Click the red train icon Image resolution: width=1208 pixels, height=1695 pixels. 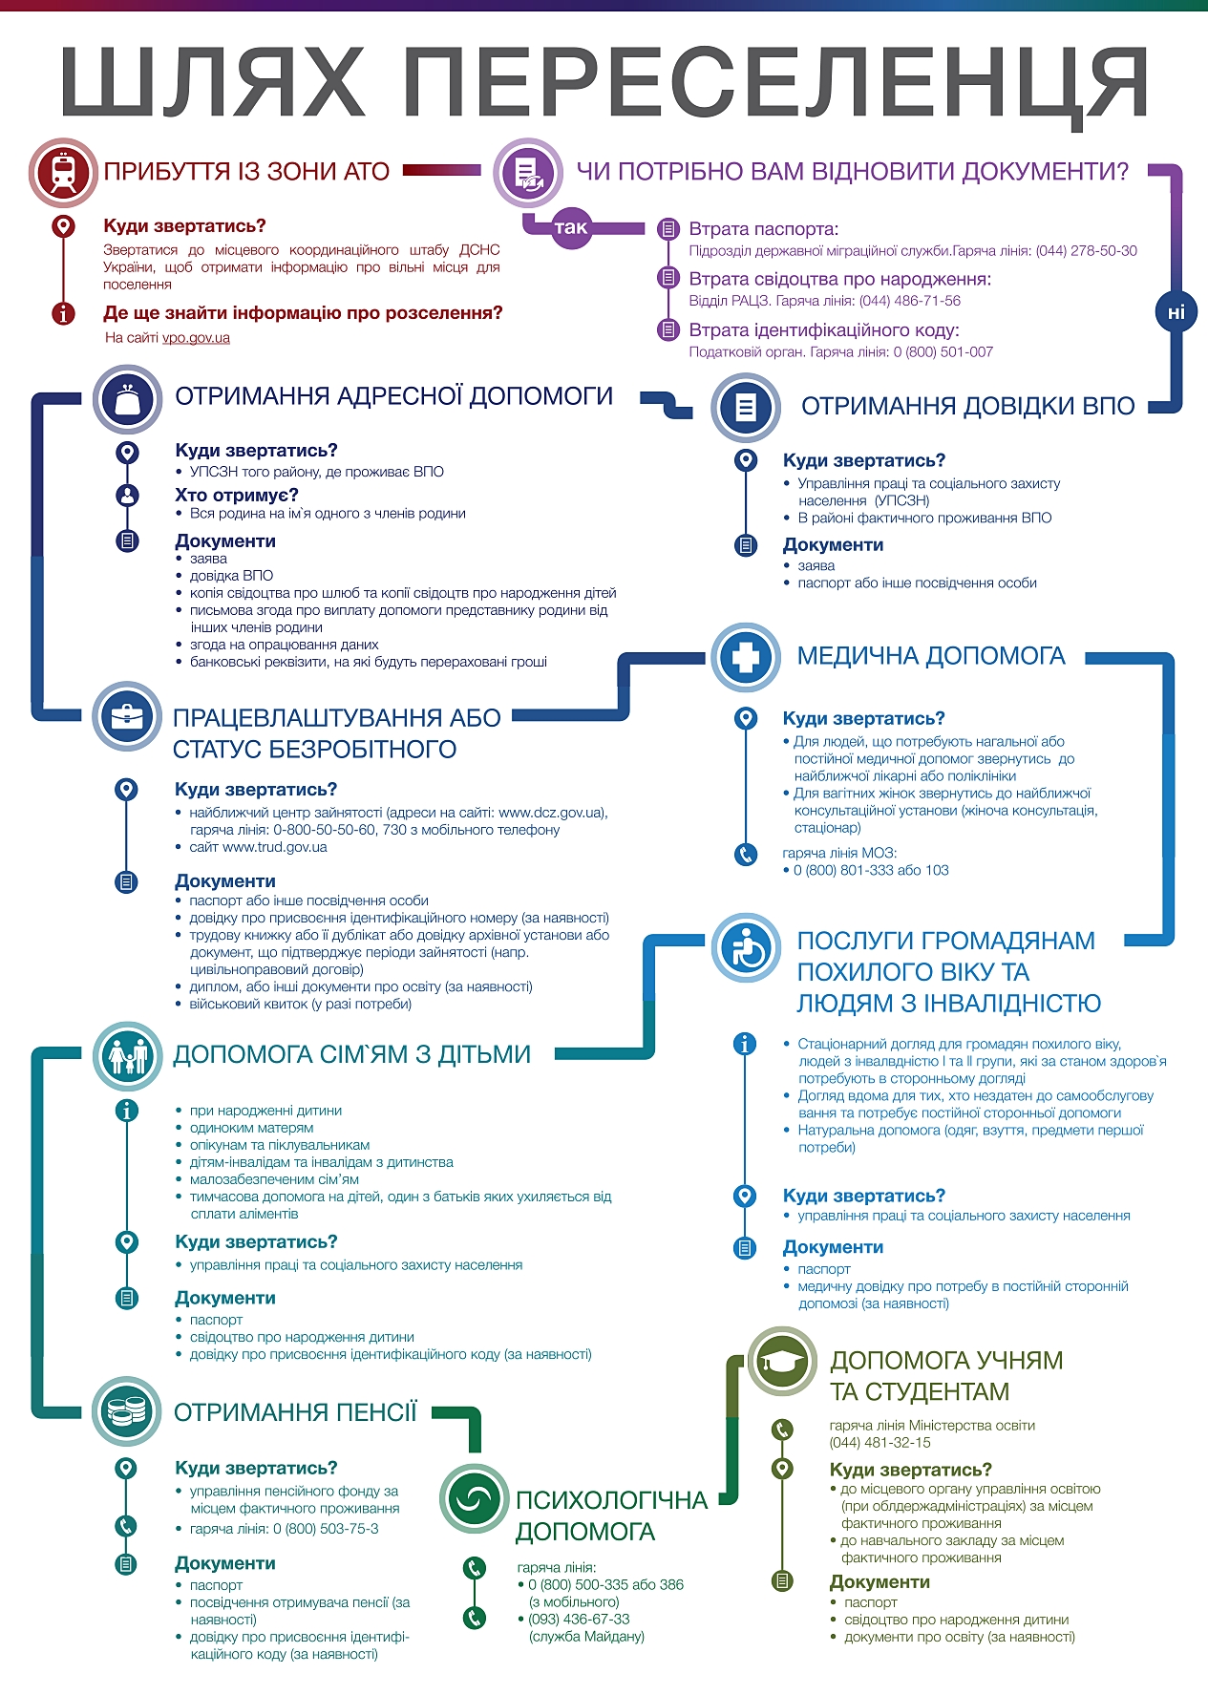click(x=63, y=173)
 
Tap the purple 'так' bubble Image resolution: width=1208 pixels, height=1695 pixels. click(x=570, y=227)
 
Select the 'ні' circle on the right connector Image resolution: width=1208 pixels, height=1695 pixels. click(x=1176, y=312)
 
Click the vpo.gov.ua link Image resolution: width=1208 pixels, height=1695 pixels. click(x=196, y=338)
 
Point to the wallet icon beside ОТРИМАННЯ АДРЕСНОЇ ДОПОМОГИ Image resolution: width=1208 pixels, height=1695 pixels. click(x=127, y=399)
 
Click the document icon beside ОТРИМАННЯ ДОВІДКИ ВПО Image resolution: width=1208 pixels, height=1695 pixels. click(x=746, y=407)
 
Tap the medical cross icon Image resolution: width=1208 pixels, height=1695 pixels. click(x=746, y=657)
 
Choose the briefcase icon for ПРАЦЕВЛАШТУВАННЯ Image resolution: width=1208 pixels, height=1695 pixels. click(x=127, y=716)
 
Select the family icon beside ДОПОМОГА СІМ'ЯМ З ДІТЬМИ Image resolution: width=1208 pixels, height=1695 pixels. click(x=127, y=1055)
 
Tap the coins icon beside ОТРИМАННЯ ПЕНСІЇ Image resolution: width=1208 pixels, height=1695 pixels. click(x=127, y=1410)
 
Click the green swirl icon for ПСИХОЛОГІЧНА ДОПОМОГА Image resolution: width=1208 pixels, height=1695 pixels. click(x=474, y=1498)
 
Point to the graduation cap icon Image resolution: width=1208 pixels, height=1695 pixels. click(x=781, y=1361)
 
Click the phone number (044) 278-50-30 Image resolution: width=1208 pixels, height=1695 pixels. click(x=1086, y=251)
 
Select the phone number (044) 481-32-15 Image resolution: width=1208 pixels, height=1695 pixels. click(x=880, y=1443)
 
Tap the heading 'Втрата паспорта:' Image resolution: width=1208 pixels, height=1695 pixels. click(x=764, y=229)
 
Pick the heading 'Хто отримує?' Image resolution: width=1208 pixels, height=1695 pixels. click(x=237, y=495)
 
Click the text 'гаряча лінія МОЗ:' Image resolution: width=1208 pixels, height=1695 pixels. click(x=839, y=853)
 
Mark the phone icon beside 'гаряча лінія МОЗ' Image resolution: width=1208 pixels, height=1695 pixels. click(x=746, y=855)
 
